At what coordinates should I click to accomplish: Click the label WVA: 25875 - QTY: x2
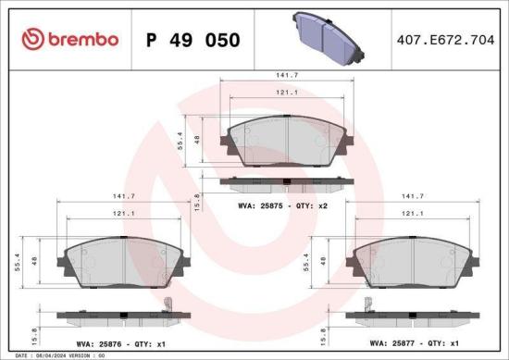(x=283, y=205)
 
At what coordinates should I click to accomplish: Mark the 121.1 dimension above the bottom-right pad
(x=413, y=214)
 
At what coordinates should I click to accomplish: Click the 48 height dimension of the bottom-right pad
(x=322, y=262)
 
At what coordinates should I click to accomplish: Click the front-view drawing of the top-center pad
(x=282, y=141)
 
